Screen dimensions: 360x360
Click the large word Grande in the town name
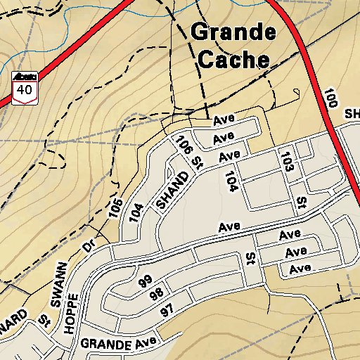pos(233,32)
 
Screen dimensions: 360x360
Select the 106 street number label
pos(184,145)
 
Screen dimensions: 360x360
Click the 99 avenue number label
pos(146,282)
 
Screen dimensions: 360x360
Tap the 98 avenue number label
pos(156,295)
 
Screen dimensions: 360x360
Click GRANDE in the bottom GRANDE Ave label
pos(106,345)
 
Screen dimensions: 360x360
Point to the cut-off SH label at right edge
pos(351,114)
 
